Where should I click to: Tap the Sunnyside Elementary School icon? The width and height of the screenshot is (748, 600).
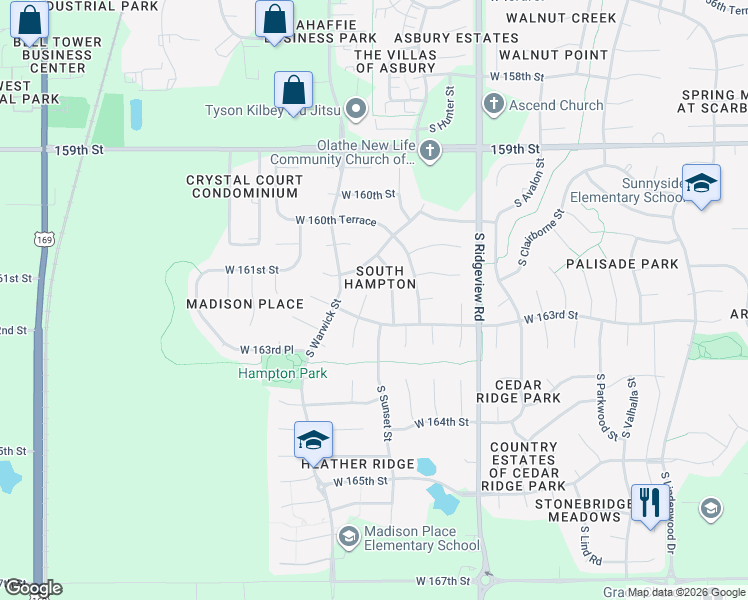point(701,183)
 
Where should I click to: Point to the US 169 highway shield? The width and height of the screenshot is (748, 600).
point(42,240)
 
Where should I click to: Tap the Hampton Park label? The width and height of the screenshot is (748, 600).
point(282,374)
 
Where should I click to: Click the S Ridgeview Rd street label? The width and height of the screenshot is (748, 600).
point(479,271)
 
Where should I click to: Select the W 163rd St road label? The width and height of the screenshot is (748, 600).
point(552,316)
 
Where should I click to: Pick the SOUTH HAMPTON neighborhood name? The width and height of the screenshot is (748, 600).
point(380,277)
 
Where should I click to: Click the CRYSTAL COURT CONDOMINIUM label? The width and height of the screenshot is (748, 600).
point(244,187)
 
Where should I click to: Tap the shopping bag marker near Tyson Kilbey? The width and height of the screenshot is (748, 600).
point(293,90)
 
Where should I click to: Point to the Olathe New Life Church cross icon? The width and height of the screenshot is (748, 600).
point(430,152)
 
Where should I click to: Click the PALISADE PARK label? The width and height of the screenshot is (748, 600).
point(621,264)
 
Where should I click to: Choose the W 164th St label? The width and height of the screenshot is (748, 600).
point(441,423)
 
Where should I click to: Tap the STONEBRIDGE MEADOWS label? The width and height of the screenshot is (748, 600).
point(578,510)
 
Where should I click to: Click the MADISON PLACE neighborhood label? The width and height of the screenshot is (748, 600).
point(245,304)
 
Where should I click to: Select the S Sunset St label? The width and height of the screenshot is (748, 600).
point(383,413)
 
